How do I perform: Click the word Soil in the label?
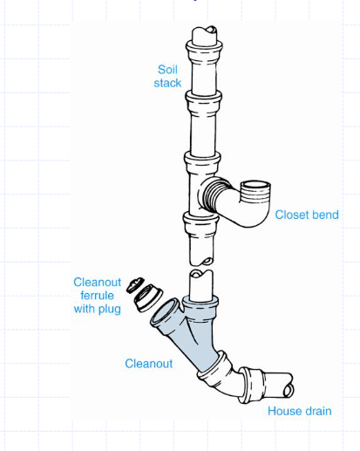[167, 70]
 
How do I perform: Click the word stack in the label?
[167, 83]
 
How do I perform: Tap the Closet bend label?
[307, 215]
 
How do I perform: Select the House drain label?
[300, 411]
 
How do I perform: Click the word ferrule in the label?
[97, 296]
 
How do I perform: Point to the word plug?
[110, 310]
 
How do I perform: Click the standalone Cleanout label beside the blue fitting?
[149, 364]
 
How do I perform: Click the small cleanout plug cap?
[135, 284]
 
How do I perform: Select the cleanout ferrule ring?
[147, 297]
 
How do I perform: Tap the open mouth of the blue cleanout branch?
[165, 311]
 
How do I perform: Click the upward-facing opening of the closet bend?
[256, 185]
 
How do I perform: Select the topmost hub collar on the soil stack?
[204, 51]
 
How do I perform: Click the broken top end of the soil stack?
[205, 33]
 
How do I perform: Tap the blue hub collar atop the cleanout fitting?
[200, 308]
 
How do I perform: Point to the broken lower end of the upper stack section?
[201, 260]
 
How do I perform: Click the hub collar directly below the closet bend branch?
[200, 225]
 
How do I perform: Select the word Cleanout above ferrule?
[97, 283]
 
